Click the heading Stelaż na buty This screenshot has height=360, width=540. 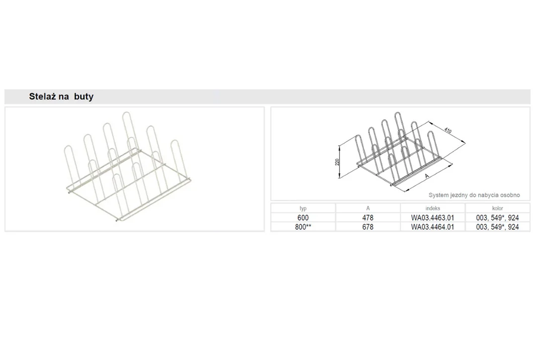[61, 96]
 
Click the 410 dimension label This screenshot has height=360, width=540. [448, 130]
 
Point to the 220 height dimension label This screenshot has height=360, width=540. [337, 162]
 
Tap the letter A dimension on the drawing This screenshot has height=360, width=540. [427, 176]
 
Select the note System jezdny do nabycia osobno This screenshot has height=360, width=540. [474, 195]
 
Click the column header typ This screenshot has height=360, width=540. [303, 208]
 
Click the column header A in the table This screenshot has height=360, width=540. [368, 208]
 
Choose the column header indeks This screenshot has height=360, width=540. [433, 208]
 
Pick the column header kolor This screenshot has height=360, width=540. [498, 208]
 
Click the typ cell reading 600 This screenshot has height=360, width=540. [303, 218]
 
